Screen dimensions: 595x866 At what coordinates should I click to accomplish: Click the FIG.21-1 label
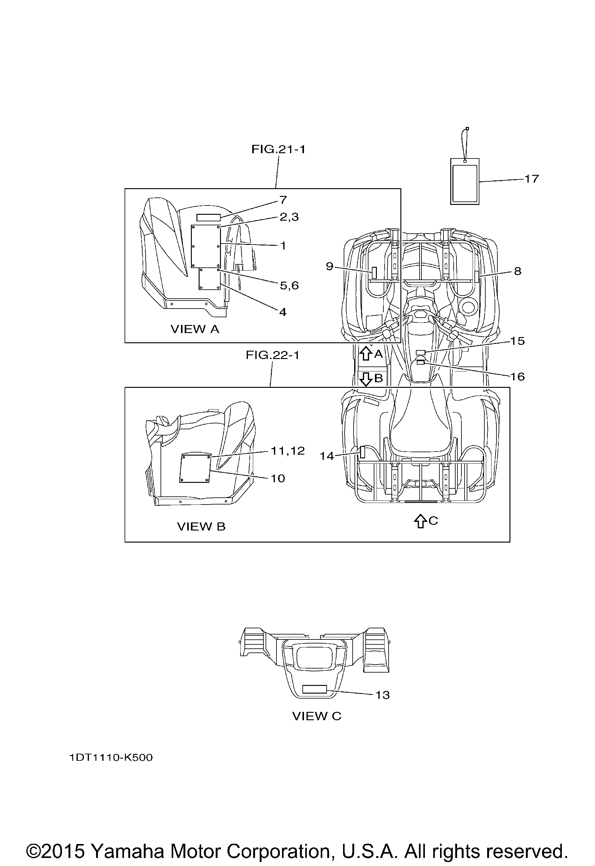pos(278,149)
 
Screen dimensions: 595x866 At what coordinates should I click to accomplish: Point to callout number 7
pos(283,200)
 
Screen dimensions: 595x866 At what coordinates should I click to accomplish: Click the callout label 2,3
pos(289,217)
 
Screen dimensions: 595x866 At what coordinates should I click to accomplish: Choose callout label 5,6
pos(289,285)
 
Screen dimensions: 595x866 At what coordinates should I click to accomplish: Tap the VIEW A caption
pos(195,329)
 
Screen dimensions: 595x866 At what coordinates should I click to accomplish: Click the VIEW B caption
pos(201,526)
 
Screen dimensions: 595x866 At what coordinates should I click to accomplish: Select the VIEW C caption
pos(317,716)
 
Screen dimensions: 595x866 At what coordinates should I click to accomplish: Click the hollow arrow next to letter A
pos(366,353)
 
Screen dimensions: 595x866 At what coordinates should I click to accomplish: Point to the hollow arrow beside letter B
pos(366,379)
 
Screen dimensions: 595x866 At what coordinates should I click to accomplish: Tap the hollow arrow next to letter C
pos(421,521)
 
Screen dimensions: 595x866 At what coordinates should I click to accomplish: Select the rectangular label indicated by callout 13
pos(315,689)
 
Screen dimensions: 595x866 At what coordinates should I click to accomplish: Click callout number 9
pos(329,266)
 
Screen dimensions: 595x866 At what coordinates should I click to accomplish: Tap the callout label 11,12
pos(288,451)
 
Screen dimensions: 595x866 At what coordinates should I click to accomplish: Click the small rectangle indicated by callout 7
pos(209,218)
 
